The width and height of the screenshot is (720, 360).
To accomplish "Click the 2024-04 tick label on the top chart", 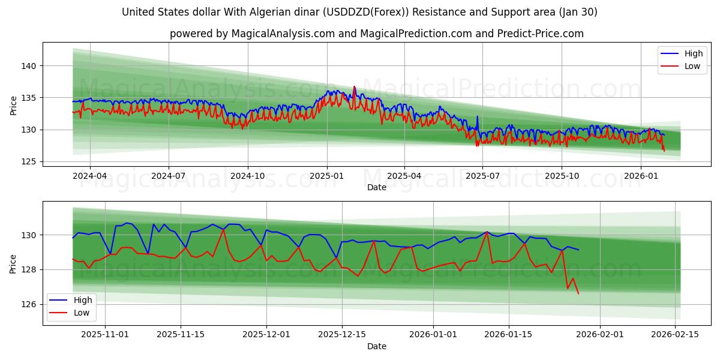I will pyautogui.click(x=90, y=176).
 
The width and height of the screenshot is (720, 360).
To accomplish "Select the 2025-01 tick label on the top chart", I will pyautogui.click(x=327, y=176).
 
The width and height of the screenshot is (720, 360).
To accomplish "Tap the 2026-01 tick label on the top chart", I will pyautogui.click(x=641, y=176).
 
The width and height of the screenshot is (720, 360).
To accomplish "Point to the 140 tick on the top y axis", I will pyautogui.click(x=30, y=65).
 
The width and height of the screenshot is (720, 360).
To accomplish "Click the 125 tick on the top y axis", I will pyautogui.click(x=30, y=161).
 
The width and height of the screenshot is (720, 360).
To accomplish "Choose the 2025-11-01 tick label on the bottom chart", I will pyautogui.click(x=106, y=334).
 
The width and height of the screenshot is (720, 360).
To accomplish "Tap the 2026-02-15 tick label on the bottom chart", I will pyautogui.click(x=675, y=334).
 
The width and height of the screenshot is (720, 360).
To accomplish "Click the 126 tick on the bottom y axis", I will pyautogui.click(x=30, y=304).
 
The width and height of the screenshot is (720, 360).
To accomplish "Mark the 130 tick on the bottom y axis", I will pyautogui.click(x=30, y=235).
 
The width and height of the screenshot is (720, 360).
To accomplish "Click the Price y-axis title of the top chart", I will pyautogui.click(x=14, y=106).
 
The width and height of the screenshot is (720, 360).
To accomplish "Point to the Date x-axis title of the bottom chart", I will pyautogui.click(x=377, y=346).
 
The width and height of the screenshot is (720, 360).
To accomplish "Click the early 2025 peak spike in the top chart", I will pyautogui.click(x=354, y=87).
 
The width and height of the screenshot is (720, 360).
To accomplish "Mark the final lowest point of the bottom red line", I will pyautogui.click(x=578, y=293).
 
